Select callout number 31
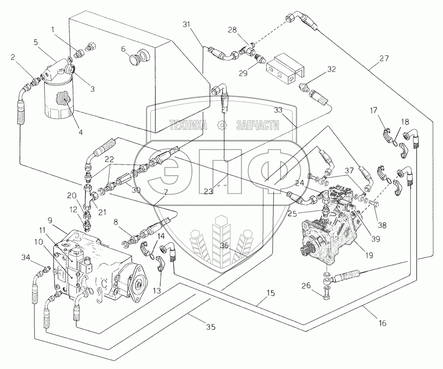coord(187,25)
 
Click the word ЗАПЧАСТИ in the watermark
coord(258,125)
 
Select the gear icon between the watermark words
coord(223,125)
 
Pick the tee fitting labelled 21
coord(89,197)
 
